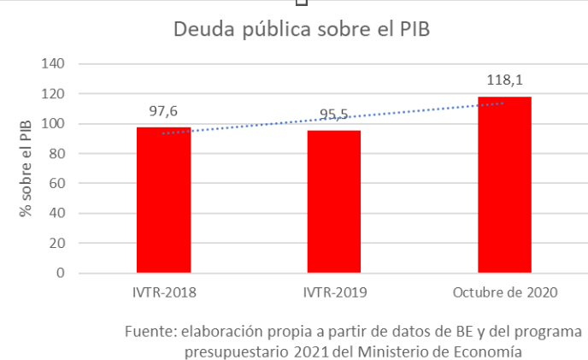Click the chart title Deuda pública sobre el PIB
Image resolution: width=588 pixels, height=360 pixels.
(x=301, y=29)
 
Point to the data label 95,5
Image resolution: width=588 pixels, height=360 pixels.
(x=334, y=115)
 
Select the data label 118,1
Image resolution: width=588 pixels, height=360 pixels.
(x=504, y=80)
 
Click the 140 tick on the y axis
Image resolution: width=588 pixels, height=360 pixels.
(x=53, y=64)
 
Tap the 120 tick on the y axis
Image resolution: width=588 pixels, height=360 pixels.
(x=53, y=94)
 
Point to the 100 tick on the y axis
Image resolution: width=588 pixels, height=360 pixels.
(x=53, y=124)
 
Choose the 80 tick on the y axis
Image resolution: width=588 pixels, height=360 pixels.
(x=57, y=154)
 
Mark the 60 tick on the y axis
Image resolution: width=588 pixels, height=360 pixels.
(x=57, y=184)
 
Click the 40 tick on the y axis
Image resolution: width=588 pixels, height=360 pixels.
(x=57, y=214)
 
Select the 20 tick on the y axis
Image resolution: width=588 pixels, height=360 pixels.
(x=57, y=244)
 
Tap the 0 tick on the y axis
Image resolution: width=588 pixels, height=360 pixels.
(x=61, y=274)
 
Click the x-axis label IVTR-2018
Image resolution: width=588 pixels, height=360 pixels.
(x=164, y=293)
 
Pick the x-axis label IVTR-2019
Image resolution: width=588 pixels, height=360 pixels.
(x=334, y=293)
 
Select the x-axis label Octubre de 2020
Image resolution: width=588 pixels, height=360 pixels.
(x=504, y=293)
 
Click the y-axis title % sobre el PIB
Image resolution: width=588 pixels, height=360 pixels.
(x=26, y=169)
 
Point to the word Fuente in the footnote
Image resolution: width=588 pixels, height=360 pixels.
(x=147, y=331)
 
